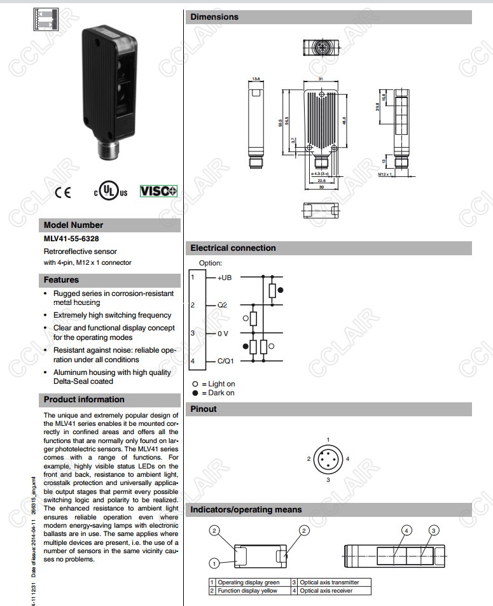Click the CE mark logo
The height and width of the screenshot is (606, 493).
[63, 192]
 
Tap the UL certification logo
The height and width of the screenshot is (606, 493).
[111, 191]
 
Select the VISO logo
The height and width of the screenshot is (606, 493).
[158, 191]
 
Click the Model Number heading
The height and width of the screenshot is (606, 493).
[73, 225]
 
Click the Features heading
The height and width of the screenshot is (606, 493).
[61, 279]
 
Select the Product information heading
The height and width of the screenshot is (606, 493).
[84, 399]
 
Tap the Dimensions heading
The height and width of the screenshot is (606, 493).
[214, 17]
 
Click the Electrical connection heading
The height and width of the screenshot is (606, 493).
[233, 248]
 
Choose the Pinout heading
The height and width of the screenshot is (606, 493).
[204, 409]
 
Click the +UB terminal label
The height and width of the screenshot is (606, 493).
[225, 278]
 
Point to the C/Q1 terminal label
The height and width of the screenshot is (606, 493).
[226, 362]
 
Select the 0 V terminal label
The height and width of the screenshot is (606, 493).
[223, 333]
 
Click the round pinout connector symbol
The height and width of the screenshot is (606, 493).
[328, 459]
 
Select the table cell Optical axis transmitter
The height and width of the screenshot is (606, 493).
[330, 582]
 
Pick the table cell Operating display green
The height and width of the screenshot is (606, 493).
[248, 582]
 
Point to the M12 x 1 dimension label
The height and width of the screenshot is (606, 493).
[385, 174]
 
